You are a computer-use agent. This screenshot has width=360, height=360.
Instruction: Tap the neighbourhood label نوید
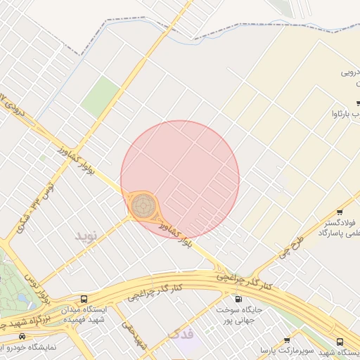(89, 235)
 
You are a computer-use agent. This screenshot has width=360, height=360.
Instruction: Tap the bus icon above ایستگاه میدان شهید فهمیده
(84, 299)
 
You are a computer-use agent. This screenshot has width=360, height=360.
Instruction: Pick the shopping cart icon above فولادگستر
(340, 213)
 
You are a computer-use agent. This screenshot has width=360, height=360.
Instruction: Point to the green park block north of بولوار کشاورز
(100, 97)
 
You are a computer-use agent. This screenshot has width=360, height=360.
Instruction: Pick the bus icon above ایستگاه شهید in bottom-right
(340, 342)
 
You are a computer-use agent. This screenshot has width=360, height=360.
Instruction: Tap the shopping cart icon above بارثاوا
(357, 103)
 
